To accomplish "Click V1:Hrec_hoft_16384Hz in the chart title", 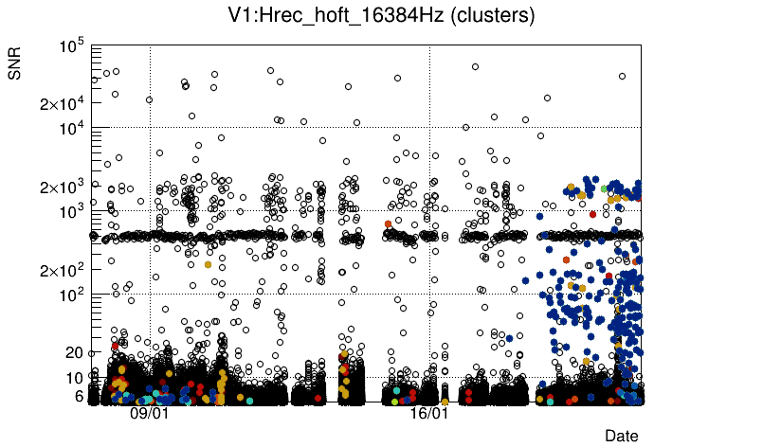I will tap(336, 15).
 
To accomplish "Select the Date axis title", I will tap(622, 436).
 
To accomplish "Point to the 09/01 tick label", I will tap(150, 414).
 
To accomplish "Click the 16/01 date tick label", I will tap(429, 414).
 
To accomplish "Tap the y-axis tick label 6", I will tap(80, 396).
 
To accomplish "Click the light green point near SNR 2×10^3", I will tap(604, 188).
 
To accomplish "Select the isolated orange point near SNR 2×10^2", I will tap(208, 264).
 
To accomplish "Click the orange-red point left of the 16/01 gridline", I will tap(388, 223).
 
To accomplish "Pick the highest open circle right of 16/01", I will tap(475, 66).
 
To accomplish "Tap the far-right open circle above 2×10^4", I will tap(623, 77).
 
